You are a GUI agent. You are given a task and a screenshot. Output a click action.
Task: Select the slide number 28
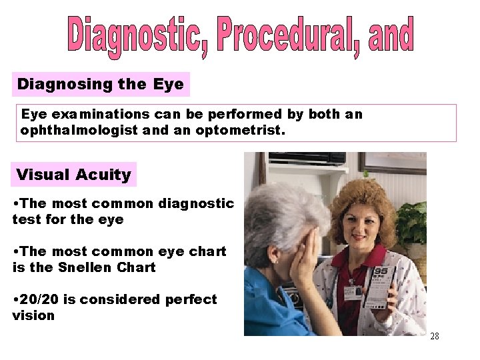(435, 336)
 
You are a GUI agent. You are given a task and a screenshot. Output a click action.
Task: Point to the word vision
(33, 315)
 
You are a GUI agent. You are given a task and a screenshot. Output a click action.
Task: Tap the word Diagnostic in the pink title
(131, 37)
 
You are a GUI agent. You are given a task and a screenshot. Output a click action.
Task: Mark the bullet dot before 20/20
(15, 299)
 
